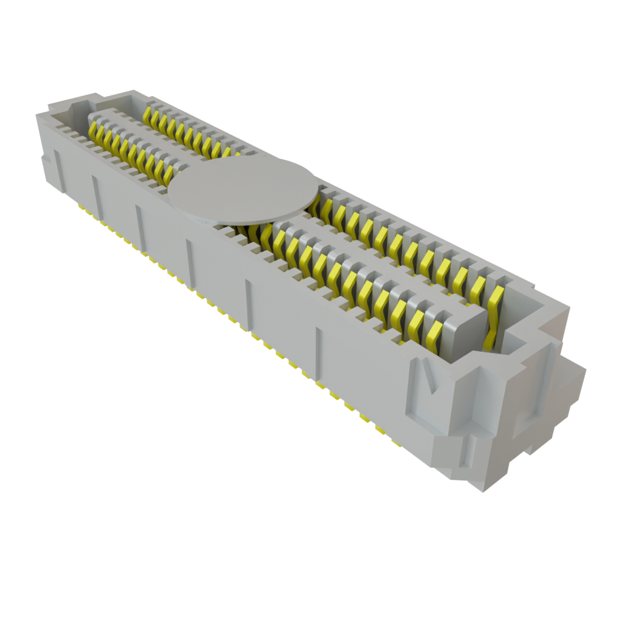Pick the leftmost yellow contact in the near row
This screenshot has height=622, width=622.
click(95, 134)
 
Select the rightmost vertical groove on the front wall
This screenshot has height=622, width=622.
click(318, 349)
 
